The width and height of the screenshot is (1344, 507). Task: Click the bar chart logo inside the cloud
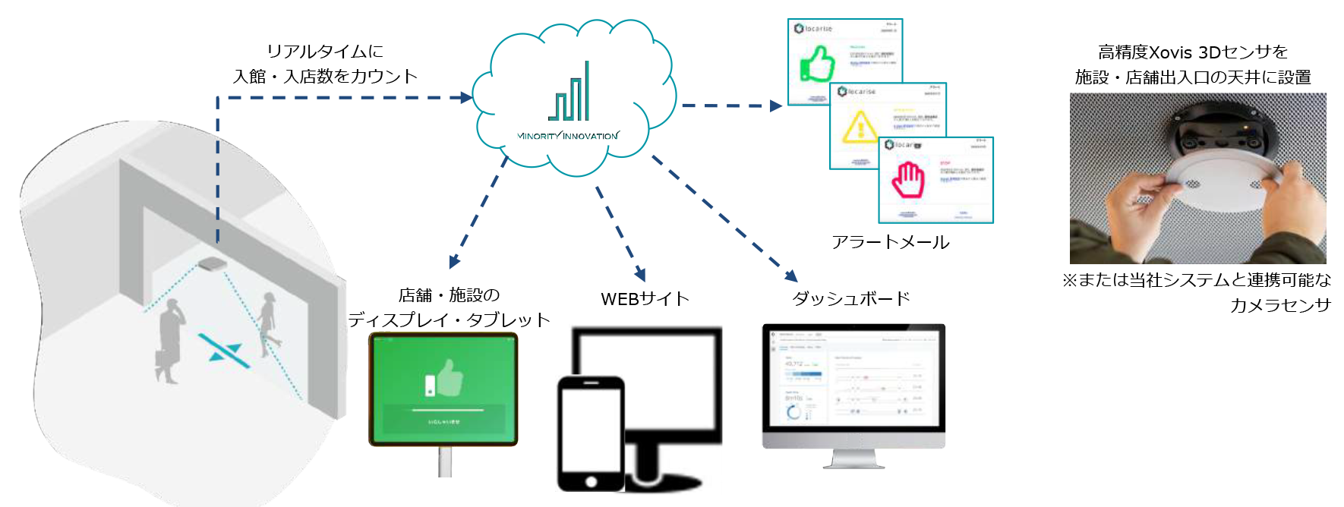570,93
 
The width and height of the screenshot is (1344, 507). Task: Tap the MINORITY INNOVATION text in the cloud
568,136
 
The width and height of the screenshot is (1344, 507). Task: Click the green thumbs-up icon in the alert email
818,64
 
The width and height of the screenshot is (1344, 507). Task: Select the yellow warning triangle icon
860,126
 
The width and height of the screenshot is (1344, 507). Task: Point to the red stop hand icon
907,180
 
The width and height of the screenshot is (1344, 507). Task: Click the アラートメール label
890,242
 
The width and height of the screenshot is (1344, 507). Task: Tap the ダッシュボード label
850,298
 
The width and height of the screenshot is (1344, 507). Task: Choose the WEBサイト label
645,299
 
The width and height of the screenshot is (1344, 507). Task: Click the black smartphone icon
591,433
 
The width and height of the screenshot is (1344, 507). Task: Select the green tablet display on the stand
443,389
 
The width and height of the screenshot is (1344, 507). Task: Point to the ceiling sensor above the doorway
212,263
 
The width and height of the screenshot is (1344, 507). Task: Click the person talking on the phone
169,341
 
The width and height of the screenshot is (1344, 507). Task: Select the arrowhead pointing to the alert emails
775,106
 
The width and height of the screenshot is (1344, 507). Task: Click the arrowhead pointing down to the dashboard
791,276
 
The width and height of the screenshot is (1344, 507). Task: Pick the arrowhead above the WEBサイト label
641,274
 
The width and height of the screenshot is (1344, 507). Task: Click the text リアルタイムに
325,52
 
